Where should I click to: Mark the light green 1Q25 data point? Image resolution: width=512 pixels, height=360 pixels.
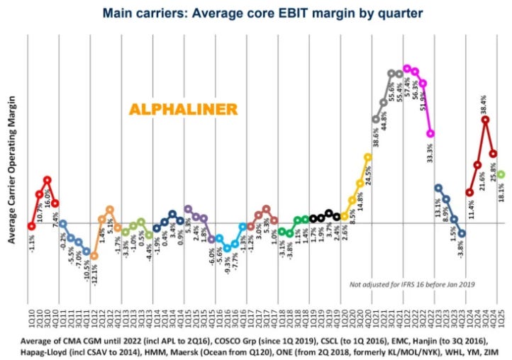pos(501,174)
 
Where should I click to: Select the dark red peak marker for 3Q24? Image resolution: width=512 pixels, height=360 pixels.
pos(485,120)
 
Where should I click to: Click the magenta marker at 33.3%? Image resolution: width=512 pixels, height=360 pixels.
pos(430,134)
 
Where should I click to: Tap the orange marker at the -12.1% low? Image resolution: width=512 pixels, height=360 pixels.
pos(94,256)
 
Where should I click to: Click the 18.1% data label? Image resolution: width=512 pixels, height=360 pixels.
pos(501,192)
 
